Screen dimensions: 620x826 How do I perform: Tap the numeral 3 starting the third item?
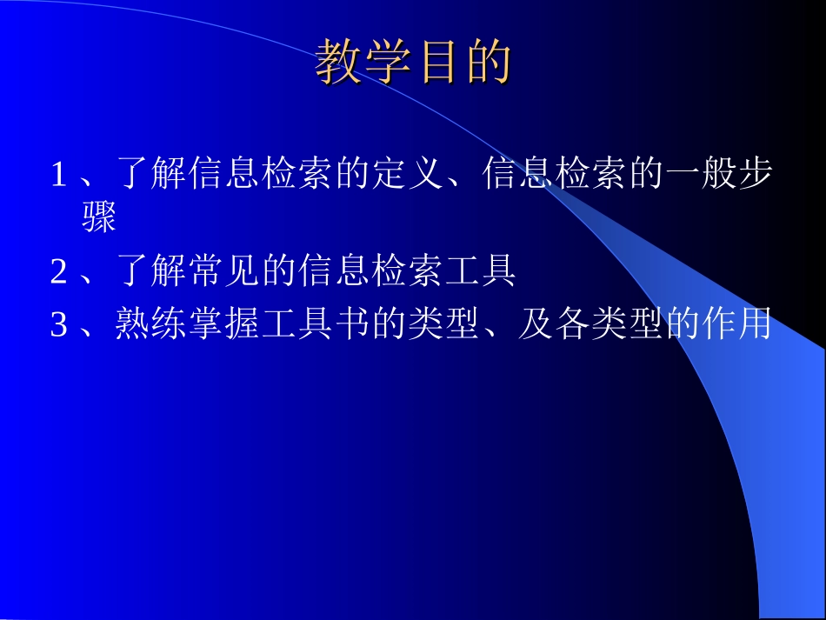click(58, 326)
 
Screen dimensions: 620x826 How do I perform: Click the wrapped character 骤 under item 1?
click(99, 220)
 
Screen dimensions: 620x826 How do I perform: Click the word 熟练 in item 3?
click(150, 326)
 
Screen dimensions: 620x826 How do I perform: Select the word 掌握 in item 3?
click(223, 326)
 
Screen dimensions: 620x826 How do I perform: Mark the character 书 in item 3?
click(351, 326)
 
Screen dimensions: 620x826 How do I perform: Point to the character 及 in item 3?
click(534, 326)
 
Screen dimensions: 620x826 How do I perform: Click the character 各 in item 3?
click(570, 326)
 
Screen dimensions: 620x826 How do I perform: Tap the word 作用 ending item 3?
click(736, 326)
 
